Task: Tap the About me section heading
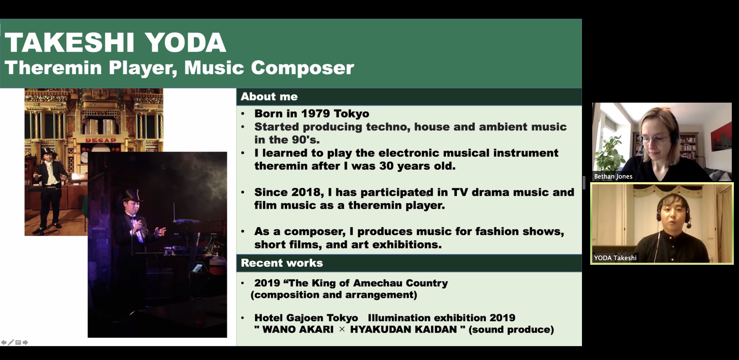(269, 97)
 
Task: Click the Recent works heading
(282, 263)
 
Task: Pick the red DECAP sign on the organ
(101, 140)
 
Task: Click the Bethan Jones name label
(613, 177)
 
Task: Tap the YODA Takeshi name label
(615, 258)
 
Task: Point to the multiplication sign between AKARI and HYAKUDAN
(342, 329)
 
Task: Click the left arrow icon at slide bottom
(4, 342)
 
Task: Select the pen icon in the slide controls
(11, 342)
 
